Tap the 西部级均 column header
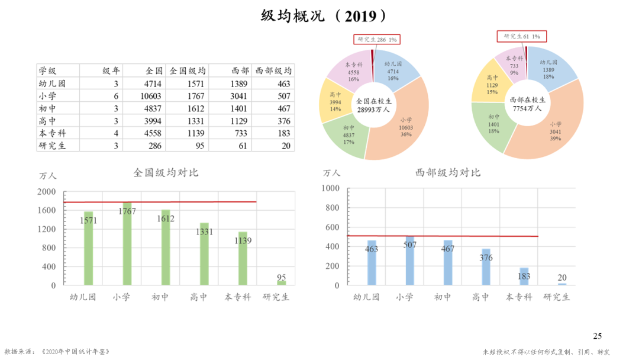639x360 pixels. (x=273, y=70)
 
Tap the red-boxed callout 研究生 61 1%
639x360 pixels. (x=521, y=36)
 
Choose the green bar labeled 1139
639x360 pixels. (x=243, y=261)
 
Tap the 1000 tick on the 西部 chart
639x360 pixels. (x=330, y=188)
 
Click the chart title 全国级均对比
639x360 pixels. (x=166, y=173)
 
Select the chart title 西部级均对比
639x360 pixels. (x=448, y=173)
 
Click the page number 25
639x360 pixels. (x=597, y=336)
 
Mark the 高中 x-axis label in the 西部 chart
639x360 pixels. (x=481, y=297)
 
